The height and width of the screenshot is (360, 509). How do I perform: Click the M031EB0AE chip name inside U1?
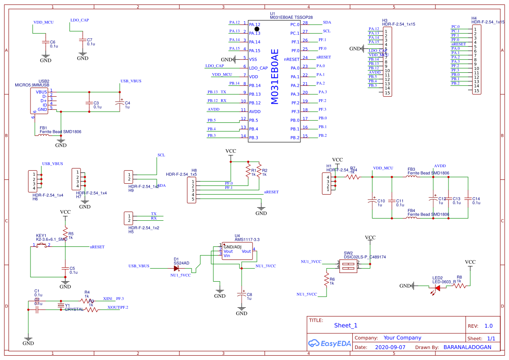274,77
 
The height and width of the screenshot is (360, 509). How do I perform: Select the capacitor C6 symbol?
45,42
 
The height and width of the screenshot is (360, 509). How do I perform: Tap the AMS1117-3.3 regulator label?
247,240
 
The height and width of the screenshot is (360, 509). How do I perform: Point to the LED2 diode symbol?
437,287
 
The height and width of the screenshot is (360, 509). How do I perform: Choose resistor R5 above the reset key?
65,231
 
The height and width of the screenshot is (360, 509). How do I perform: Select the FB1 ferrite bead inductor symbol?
44,135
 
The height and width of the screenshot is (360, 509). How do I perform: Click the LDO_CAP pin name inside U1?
258,68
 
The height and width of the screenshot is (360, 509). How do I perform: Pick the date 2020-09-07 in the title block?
390,347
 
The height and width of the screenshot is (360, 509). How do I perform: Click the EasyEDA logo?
330,343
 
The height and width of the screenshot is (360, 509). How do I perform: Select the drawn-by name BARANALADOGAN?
467,347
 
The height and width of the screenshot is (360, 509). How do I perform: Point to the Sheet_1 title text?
345,325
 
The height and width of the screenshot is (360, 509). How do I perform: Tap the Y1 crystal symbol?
61,306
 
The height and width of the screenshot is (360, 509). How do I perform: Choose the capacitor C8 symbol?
242,295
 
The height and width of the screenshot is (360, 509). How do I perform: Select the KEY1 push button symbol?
42,246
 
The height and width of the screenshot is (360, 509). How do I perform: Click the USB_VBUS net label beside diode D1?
138,266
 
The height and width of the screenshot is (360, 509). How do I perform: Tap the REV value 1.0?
488,326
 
